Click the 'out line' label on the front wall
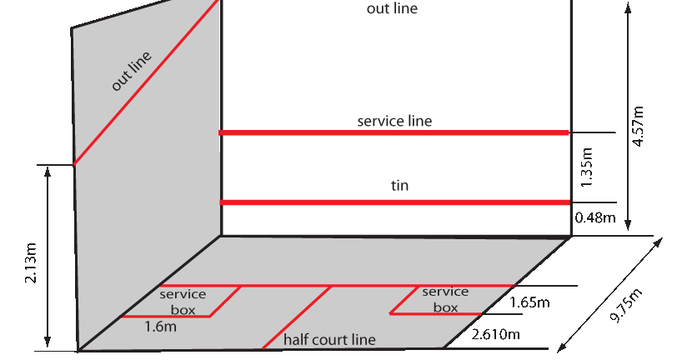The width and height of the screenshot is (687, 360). click(392, 9)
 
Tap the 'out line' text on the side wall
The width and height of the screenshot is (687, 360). click(132, 72)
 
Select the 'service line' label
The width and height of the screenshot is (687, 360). click(394, 121)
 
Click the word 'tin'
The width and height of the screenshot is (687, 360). click(399, 186)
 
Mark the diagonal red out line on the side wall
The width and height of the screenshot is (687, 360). click(146, 83)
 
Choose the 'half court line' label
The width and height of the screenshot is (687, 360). click(329, 339)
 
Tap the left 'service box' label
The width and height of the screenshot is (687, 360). click(183, 302)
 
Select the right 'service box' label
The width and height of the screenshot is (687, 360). click(445, 299)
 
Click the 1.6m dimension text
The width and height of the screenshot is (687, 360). click(160, 327)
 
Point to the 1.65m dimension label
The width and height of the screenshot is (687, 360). click(529, 302)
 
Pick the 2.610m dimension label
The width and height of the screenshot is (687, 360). click(496, 335)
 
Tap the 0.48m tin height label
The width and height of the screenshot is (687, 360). click(594, 218)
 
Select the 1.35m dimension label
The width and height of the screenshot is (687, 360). click(586, 167)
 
